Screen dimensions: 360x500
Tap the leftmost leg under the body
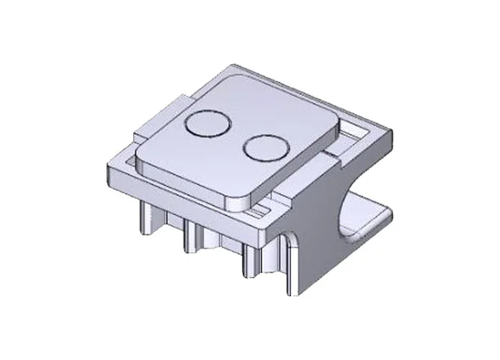point(145,217)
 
